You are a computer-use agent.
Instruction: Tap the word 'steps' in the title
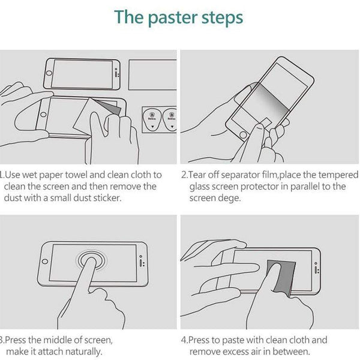221,17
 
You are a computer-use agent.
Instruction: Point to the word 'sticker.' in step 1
109,197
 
